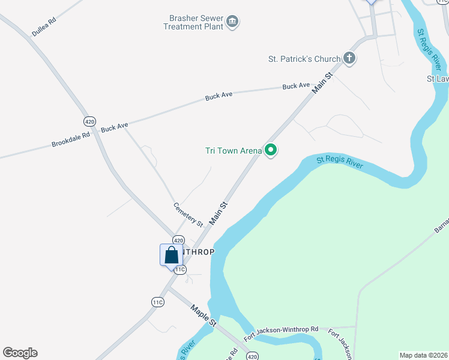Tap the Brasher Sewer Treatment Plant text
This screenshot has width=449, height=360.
(x=193, y=22)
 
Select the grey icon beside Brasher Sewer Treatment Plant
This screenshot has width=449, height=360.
(x=233, y=23)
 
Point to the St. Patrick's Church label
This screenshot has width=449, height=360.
(x=304, y=59)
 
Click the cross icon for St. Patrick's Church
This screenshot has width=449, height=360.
(x=349, y=58)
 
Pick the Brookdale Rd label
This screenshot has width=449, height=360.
(x=70, y=139)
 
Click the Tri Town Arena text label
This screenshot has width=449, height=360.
(x=234, y=151)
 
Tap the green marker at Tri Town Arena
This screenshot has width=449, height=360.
(x=271, y=150)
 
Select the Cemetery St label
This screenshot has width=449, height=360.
(x=188, y=214)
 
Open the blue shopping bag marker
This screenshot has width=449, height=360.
(x=171, y=254)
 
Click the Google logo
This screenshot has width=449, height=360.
(x=20, y=353)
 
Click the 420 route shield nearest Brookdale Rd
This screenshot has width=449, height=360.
(x=90, y=121)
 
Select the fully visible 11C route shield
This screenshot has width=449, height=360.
(x=157, y=302)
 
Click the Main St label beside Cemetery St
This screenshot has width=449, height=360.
(x=218, y=213)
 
